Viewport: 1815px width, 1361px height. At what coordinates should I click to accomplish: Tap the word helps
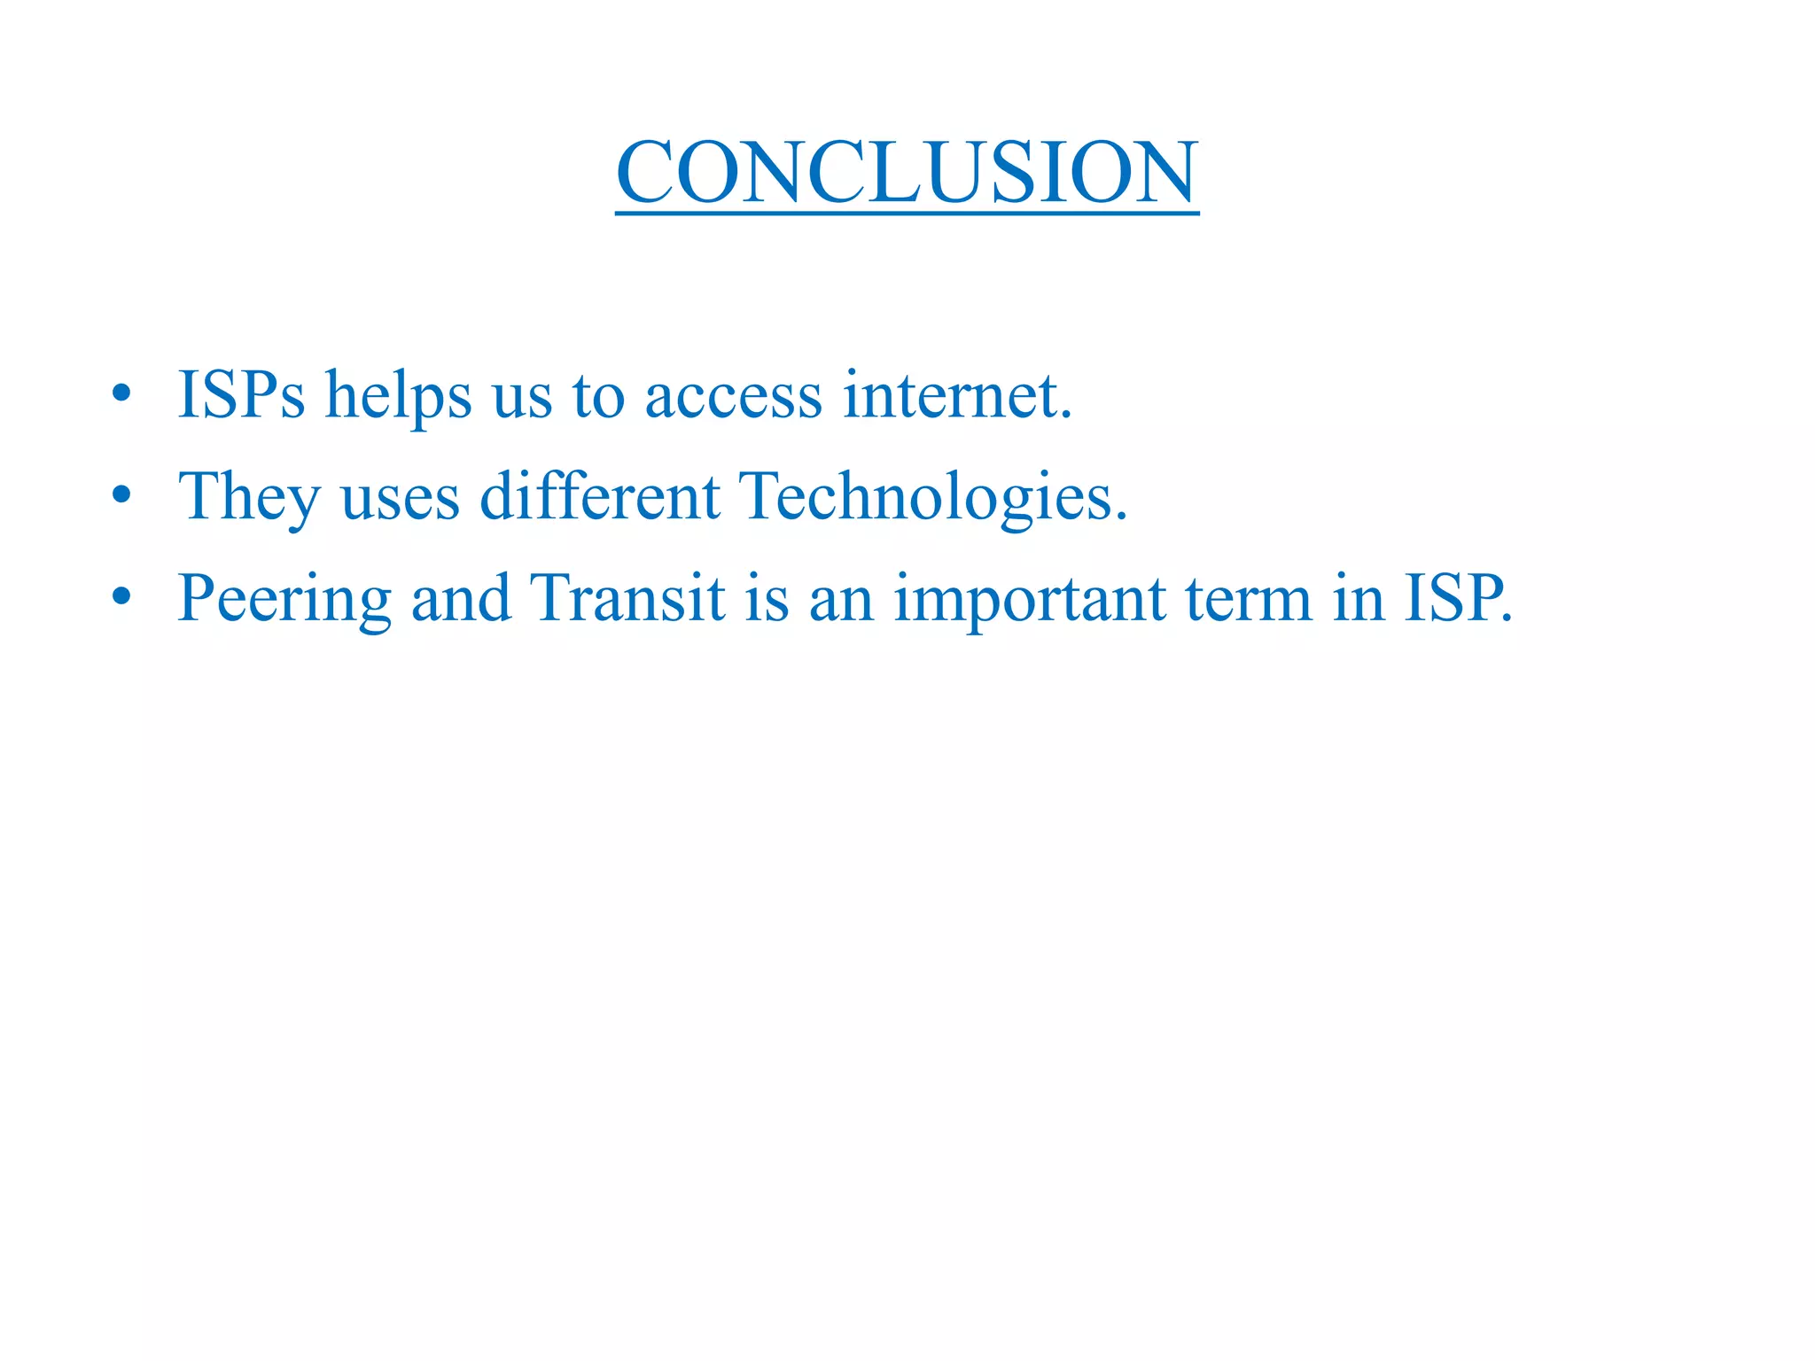398,396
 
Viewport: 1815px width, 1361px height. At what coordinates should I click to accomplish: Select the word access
733,396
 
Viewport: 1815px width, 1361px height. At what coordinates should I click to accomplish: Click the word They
249,497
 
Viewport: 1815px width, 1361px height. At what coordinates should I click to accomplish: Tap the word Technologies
933,497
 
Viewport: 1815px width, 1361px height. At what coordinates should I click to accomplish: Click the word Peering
284,600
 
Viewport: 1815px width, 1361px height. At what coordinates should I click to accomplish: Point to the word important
1029,600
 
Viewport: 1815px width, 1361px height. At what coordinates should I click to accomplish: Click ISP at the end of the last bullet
1454,598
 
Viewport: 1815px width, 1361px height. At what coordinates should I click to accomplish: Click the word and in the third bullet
460,598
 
